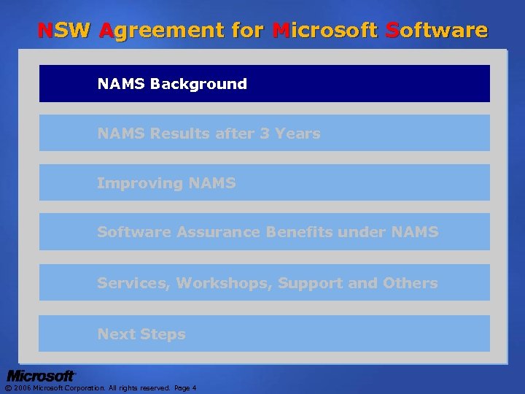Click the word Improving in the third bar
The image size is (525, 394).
point(139,183)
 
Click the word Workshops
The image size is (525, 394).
point(224,282)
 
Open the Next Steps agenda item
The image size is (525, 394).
point(141,334)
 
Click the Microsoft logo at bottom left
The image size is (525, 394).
point(42,376)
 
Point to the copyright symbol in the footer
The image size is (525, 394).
point(8,388)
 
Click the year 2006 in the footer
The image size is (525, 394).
point(21,388)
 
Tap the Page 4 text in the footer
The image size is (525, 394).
point(184,388)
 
